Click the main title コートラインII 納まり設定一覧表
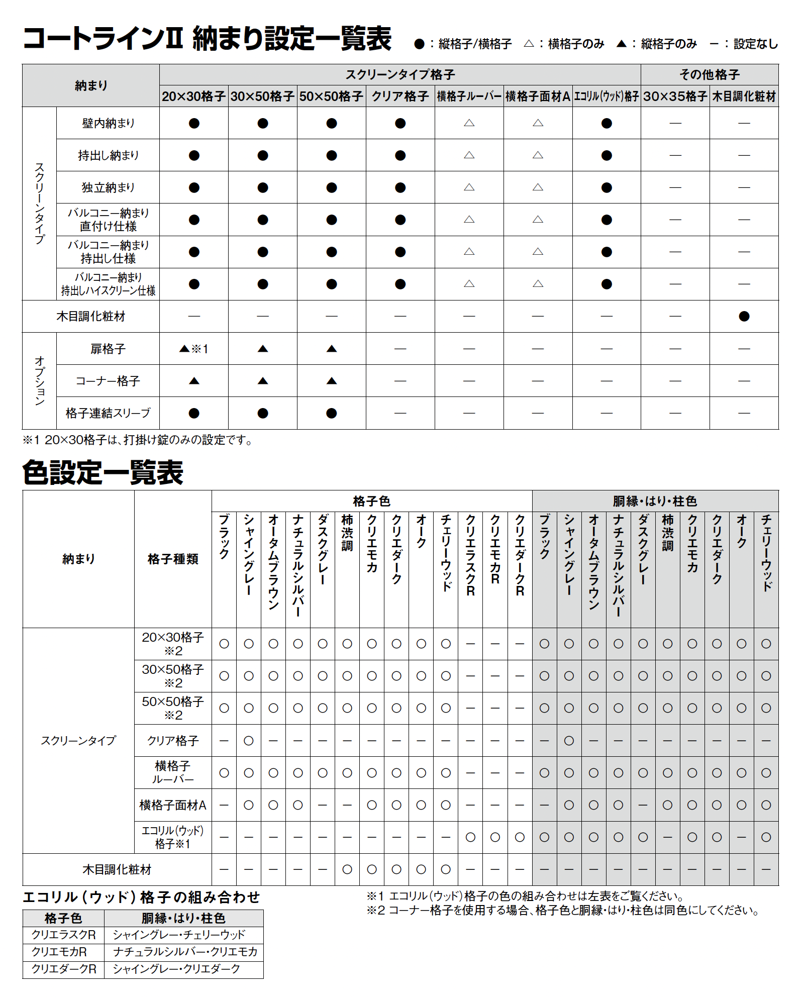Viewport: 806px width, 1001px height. (207, 38)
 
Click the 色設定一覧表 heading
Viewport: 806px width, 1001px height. (103, 472)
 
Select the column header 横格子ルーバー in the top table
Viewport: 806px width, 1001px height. (469, 96)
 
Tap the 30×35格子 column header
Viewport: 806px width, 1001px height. (675, 96)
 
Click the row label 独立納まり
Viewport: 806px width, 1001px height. (108, 187)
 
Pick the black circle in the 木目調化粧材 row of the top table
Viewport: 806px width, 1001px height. (744, 316)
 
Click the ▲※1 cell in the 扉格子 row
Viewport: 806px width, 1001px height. (193, 349)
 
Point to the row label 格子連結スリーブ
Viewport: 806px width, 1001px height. (108, 413)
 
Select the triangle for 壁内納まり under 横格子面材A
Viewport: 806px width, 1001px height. (538, 123)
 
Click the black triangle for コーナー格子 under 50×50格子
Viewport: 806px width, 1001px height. (331, 381)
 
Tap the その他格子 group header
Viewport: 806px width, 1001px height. (709, 75)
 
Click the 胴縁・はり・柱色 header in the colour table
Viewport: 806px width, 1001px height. (655, 501)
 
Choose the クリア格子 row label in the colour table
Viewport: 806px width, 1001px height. (173, 740)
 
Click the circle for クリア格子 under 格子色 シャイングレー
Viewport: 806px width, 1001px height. (249, 740)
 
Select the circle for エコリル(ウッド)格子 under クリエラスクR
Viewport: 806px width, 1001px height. (470, 837)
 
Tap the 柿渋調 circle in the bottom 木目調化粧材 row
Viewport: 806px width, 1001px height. (347, 869)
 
